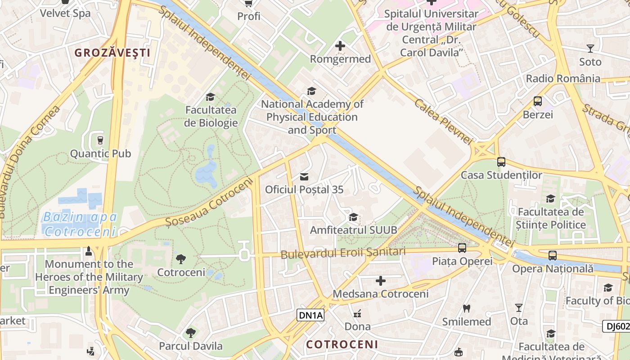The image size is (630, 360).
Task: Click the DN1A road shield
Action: (310, 315)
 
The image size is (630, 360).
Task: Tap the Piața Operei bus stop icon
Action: (462, 247)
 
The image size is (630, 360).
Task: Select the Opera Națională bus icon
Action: (553, 255)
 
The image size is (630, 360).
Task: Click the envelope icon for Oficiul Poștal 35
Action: (304, 176)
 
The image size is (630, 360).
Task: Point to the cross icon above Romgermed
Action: (340, 46)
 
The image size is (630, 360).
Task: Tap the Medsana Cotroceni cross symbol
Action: (381, 281)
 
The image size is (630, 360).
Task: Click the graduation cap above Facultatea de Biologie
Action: (210, 97)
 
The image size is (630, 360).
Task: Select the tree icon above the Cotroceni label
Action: (181, 259)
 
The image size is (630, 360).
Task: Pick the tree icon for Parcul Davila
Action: (191, 333)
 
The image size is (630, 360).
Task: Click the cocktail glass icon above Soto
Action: (590, 48)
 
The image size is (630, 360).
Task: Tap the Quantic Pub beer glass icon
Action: (100, 140)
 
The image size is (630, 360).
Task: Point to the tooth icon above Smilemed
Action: (466, 309)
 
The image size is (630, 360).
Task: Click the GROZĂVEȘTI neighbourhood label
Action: (112, 53)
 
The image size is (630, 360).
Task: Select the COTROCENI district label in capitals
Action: (342, 345)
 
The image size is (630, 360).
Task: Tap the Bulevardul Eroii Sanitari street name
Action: (343, 253)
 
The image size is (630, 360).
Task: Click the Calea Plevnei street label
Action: (443, 121)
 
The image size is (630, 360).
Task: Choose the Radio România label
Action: (563, 79)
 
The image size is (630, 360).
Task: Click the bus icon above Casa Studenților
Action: (501, 162)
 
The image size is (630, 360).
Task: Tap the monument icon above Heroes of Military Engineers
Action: (89, 251)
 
